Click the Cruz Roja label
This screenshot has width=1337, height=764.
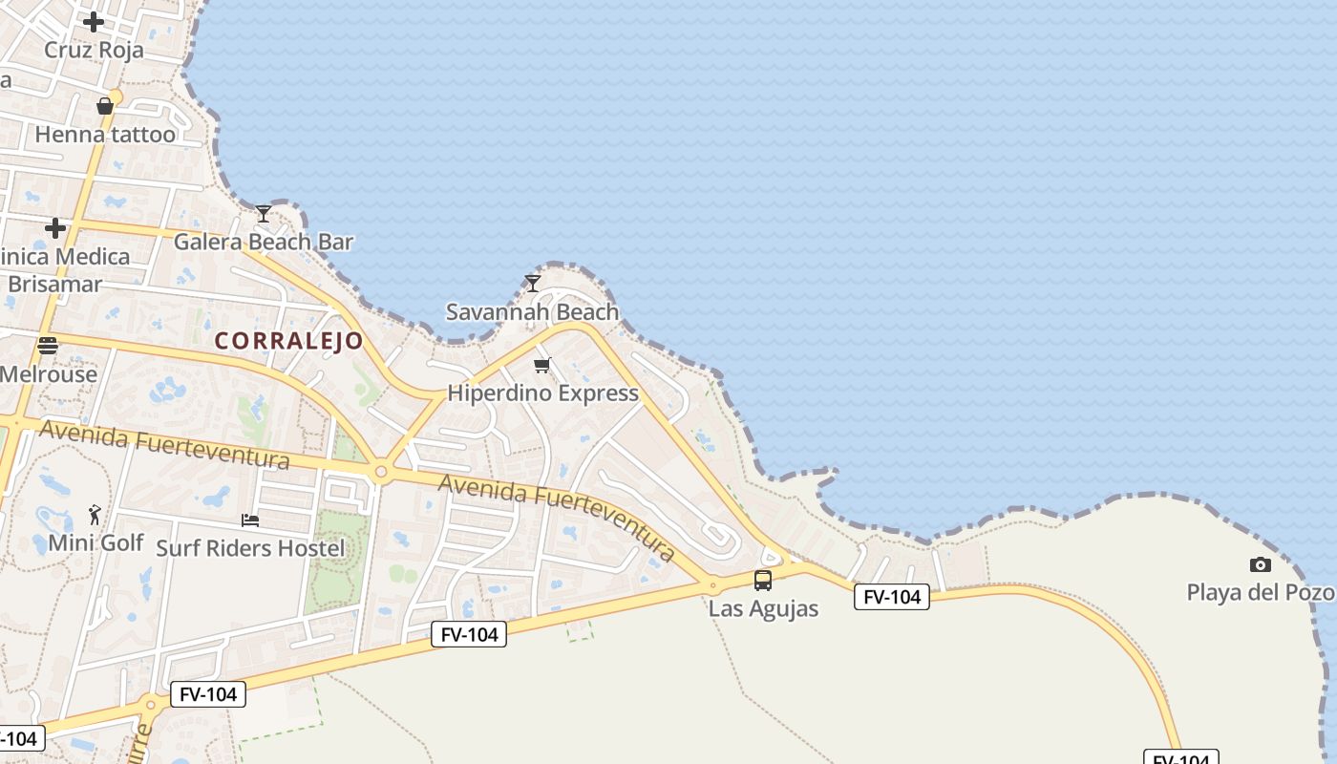tap(94, 50)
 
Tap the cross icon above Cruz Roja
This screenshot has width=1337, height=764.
tap(94, 21)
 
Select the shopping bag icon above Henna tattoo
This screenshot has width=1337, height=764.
tap(105, 105)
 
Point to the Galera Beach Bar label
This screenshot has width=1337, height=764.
tap(264, 242)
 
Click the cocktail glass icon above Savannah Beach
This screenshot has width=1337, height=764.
tap(533, 283)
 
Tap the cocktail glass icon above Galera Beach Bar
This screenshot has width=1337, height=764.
tap(264, 213)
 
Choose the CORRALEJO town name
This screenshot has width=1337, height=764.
tap(288, 341)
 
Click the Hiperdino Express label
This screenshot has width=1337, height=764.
tap(542, 393)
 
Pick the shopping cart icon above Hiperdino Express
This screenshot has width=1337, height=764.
tap(542, 365)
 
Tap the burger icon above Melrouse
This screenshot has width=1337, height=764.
tap(48, 346)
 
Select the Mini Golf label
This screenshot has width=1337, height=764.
tap(95, 542)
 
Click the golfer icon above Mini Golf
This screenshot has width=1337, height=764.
tap(95, 516)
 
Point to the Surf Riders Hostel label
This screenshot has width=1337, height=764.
tap(250, 548)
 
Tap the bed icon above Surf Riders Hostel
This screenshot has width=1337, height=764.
tap(250, 520)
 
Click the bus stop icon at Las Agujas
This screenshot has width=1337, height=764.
tap(763, 580)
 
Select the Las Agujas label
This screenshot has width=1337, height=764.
tap(763, 608)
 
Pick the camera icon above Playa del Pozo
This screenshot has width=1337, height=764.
tap(1261, 564)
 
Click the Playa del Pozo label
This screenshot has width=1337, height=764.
tap(1260, 592)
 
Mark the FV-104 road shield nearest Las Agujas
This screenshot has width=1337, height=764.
tap(891, 597)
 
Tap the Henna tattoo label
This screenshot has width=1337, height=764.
tap(105, 135)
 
